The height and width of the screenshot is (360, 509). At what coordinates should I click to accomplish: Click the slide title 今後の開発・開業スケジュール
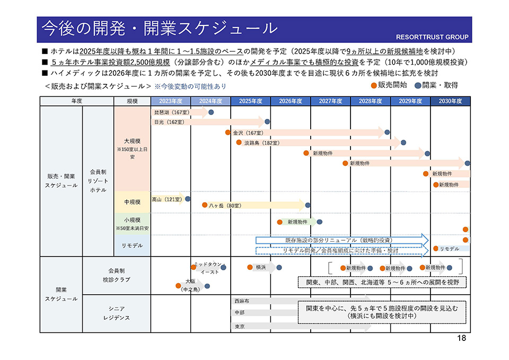159,28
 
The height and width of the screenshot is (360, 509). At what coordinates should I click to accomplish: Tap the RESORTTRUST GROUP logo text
432,37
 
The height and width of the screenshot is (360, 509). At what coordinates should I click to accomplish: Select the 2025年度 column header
251,101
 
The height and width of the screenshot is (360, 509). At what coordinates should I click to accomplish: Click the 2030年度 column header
450,101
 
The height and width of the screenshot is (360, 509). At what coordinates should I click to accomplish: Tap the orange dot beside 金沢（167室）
227,133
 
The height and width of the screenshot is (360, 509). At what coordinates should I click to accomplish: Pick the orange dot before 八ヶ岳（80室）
205,205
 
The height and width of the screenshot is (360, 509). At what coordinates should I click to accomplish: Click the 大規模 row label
132,141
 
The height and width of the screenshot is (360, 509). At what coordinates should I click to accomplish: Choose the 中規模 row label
132,202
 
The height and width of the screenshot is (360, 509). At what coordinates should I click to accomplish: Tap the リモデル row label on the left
132,245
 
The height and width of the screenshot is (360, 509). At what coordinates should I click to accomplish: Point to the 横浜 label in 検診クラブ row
261,267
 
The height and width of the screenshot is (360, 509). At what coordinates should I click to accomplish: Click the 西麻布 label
241,301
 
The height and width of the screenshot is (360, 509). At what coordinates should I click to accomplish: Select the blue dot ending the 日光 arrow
267,122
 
